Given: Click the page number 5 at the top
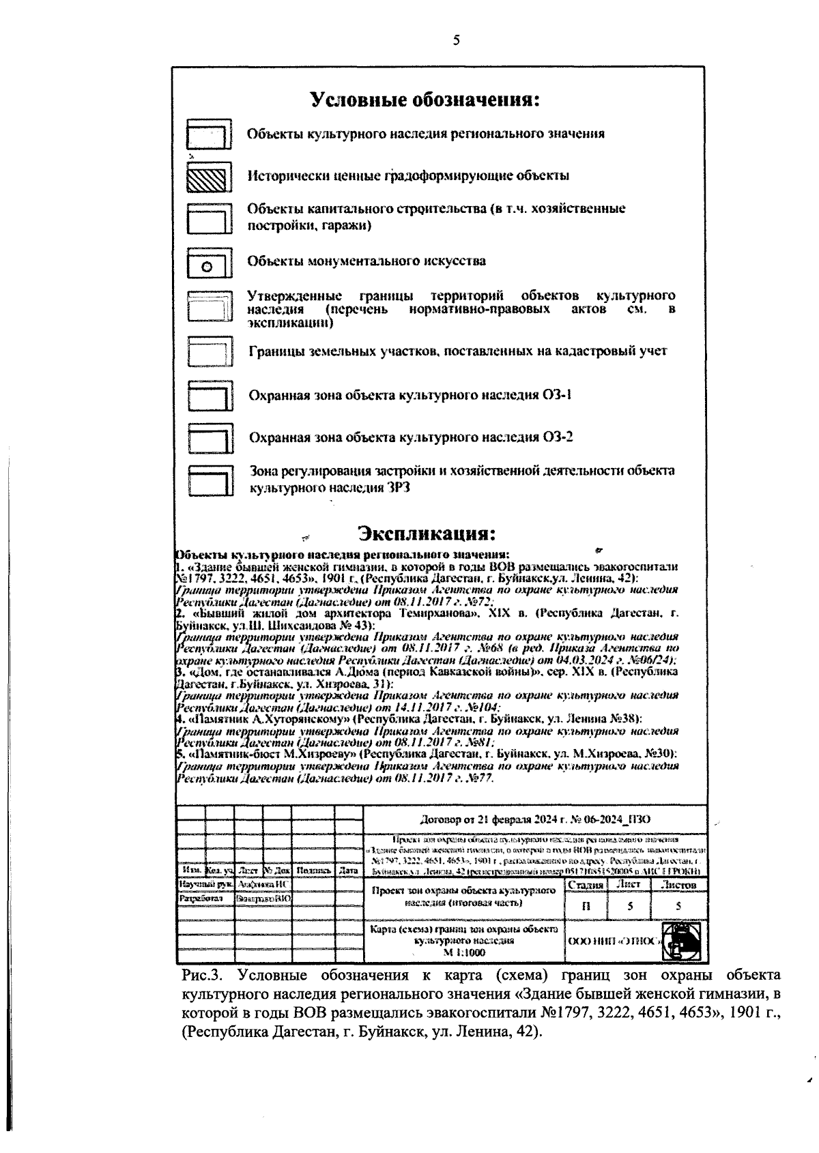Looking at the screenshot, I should coord(457,40).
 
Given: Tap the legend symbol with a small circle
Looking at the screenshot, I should coord(209,265).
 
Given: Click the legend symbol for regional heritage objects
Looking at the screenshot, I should coord(209,135).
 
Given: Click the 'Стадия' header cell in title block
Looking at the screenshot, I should coord(586,885).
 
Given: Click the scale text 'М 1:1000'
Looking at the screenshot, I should coord(464,952).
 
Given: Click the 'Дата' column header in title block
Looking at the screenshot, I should coord(348,871).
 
